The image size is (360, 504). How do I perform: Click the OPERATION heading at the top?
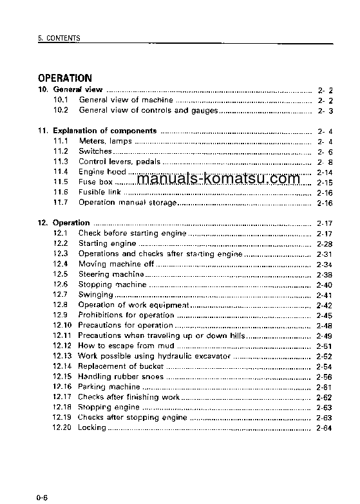pyautogui.click(x=64, y=78)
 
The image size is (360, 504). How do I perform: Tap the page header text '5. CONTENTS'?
pyautogui.click(x=59, y=39)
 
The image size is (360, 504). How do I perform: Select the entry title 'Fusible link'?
pyautogui.click(x=100, y=192)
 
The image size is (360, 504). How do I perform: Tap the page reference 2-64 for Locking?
pyautogui.click(x=324, y=428)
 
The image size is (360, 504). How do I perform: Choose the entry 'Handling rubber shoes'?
pyautogui.click(x=121, y=377)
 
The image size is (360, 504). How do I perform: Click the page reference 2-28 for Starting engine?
pyautogui.click(x=324, y=244)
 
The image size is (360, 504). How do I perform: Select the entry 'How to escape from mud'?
pyautogui.click(x=117, y=346)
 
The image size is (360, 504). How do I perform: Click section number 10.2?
pyautogui.click(x=61, y=111)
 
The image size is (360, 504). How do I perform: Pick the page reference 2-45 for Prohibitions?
pyautogui.click(x=324, y=315)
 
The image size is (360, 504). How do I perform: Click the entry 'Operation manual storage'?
pyautogui.click(x=127, y=203)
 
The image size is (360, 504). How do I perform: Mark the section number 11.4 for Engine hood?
pyautogui.click(x=61, y=172)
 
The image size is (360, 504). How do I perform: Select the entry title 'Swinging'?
pyautogui.click(x=95, y=295)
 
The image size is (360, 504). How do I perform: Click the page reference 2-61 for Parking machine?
pyautogui.click(x=324, y=387)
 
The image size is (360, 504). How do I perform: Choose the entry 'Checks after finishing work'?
pyautogui.click(x=129, y=397)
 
